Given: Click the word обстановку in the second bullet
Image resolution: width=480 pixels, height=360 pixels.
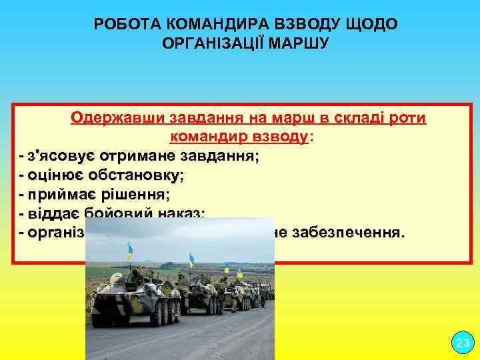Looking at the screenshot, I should pyautogui.click(x=136, y=175).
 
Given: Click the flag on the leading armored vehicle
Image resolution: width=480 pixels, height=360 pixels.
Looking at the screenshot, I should pyautogui.click(x=130, y=250).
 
